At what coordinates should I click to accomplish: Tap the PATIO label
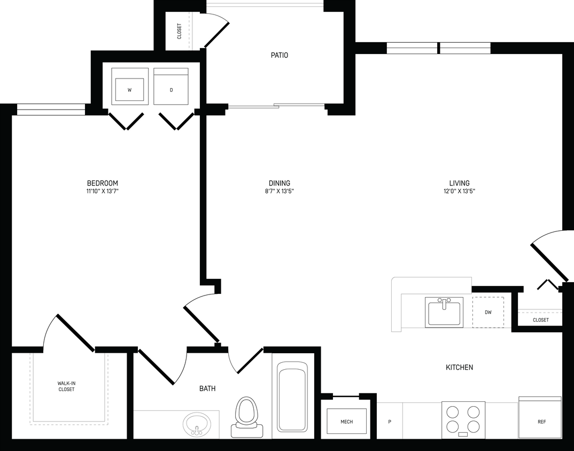(x=279, y=55)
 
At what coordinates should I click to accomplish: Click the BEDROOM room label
(x=102, y=183)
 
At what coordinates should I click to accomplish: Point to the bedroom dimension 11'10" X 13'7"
(x=102, y=191)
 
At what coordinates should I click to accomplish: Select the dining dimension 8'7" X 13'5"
(x=279, y=191)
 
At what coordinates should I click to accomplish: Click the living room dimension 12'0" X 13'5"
(x=459, y=191)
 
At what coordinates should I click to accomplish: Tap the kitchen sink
(x=444, y=312)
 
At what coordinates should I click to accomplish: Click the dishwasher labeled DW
(x=488, y=312)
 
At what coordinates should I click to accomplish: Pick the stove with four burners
(x=463, y=419)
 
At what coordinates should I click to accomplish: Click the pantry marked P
(x=390, y=422)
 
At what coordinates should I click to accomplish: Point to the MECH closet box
(x=346, y=422)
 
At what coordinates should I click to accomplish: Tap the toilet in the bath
(x=246, y=414)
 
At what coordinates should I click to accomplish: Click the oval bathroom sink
(x=197, y=425)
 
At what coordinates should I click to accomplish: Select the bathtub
(x=292, y=398)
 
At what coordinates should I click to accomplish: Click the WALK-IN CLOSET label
(x=67, y=386)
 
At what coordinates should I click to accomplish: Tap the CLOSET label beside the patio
(x=179, y=32)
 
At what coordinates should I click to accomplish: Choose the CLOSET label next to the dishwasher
(x=540, y=320)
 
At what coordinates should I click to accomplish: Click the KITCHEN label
(x=459, y=368)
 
